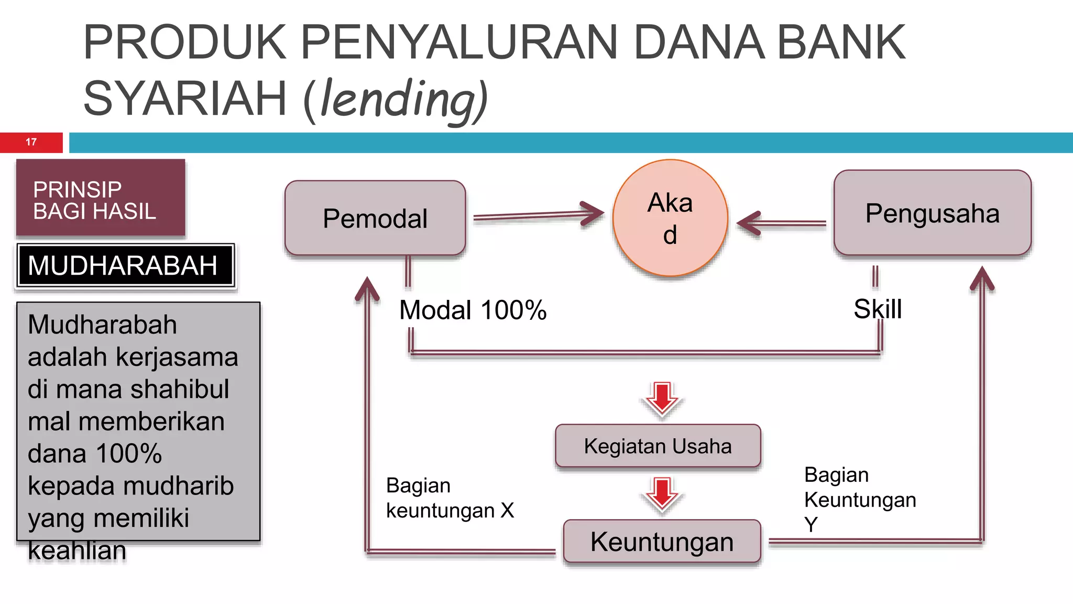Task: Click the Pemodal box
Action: (x=375, y=218)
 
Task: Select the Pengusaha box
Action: (x=932, y=213)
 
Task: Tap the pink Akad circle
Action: (x=670, y=218)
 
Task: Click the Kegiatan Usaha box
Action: (x=658, y=446)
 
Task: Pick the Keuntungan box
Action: (x=662, y=542)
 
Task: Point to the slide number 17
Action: (x=31, y=142)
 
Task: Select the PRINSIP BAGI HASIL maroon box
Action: (x=101, y=198)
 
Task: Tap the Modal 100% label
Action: (x=473, y=310)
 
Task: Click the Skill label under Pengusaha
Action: (x=878, y=309)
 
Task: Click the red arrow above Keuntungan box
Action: (x=662, y=494)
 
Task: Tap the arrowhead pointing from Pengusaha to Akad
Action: (x=749, y=223)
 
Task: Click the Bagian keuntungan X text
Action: (x=450, y=498)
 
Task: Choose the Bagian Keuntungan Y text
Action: (x=860, y=499)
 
